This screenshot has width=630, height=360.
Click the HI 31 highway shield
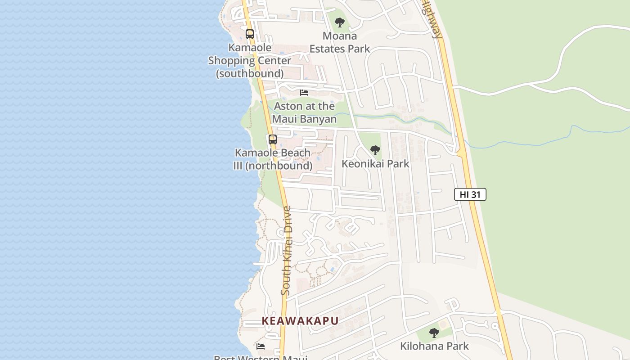pos(470,194)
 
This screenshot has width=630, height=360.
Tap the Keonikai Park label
pos(375,163)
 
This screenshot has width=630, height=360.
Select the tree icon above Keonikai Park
pos(375,150)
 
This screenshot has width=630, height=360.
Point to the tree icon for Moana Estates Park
pos(340,22)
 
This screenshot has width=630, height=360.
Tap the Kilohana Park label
pos(434,346)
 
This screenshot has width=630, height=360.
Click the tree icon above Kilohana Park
pos(434,333)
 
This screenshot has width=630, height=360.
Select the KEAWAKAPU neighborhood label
pos(300,321)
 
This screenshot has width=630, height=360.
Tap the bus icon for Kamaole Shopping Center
pos(250,34)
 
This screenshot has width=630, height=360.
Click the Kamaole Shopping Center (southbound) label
pos(250,60)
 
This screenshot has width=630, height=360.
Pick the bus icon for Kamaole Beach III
pos(273,139)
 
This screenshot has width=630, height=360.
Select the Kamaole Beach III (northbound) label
pos(273,159)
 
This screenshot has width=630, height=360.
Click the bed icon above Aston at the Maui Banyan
pos(304,93)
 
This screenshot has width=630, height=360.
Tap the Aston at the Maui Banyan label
pos(305,112)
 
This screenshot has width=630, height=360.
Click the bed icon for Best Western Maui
pos(261,346)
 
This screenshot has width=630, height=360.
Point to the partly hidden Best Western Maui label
pos(261,358)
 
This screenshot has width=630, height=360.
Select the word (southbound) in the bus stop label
pos(250,73)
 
